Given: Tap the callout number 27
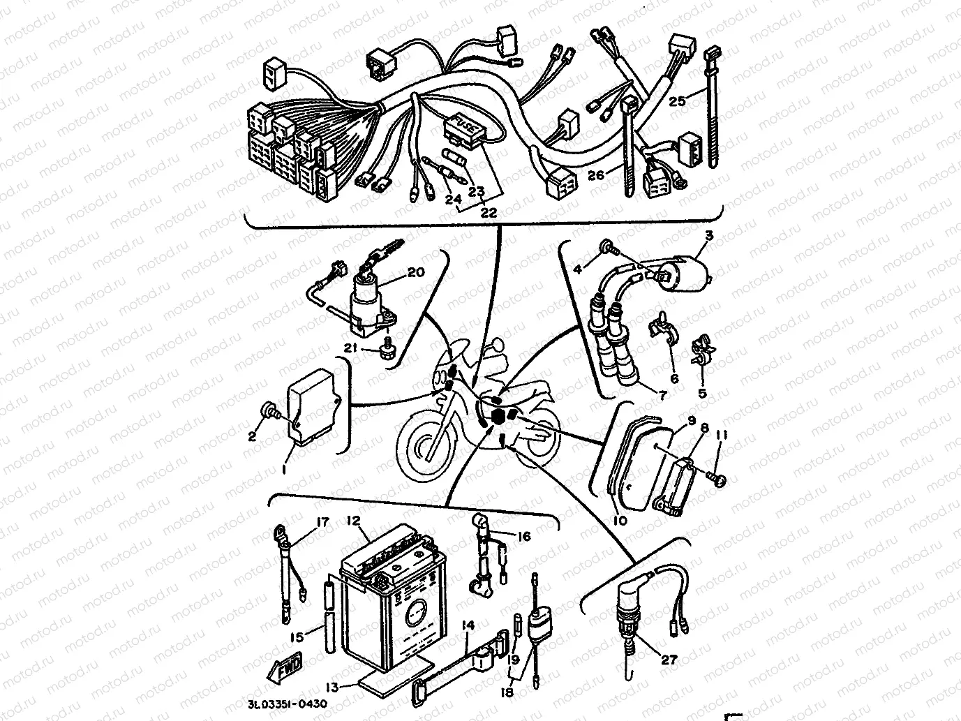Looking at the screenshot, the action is pyautogui.click(x=669, y=659).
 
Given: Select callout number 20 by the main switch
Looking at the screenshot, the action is pyautogui.click(x=415, y=273).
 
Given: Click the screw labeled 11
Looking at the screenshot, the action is pyautogui.click(x=718, y=479).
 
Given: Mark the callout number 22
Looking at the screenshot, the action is pyautogui.click(x=489, y=213).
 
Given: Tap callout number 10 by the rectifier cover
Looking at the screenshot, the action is pyautogui.click(x=620, y=520).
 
